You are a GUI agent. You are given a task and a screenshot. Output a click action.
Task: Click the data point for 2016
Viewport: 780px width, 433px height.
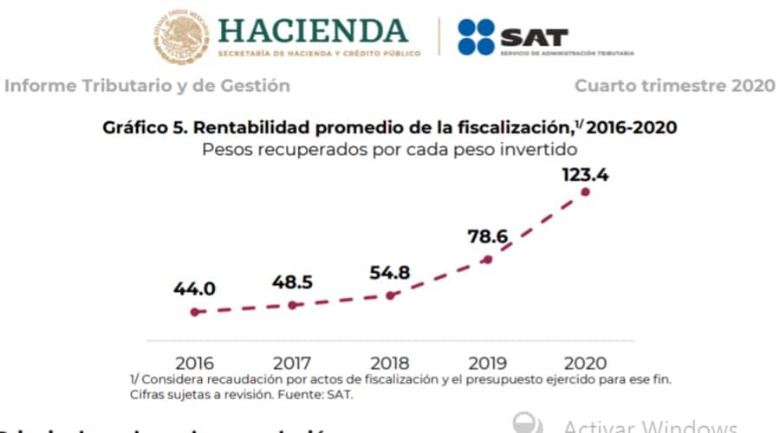(197, 312)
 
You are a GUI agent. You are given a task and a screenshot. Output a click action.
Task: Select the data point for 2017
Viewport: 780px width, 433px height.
(293, 305)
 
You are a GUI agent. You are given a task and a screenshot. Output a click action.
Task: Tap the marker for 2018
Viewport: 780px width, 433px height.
(391, 295)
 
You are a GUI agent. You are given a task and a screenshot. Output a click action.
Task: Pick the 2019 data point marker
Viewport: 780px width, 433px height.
(489, 259)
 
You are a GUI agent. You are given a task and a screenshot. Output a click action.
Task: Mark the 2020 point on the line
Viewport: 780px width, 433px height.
(586, 191)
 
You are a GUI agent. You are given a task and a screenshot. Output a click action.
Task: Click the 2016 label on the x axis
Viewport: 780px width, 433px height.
(197, 363)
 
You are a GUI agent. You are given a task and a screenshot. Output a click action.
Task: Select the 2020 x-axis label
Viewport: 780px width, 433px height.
(585, 363)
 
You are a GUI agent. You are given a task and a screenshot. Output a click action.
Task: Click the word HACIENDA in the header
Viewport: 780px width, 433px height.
(313, 30)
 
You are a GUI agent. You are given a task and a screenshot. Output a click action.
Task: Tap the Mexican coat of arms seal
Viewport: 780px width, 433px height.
(181, 37)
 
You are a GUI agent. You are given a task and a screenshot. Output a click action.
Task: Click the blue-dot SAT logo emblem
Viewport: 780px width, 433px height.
(475, 37)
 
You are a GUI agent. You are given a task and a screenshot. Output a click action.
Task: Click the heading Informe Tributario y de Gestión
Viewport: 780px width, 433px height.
(147, 86)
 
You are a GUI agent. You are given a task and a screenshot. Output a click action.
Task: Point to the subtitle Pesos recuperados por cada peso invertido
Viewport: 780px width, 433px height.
(390, 148)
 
